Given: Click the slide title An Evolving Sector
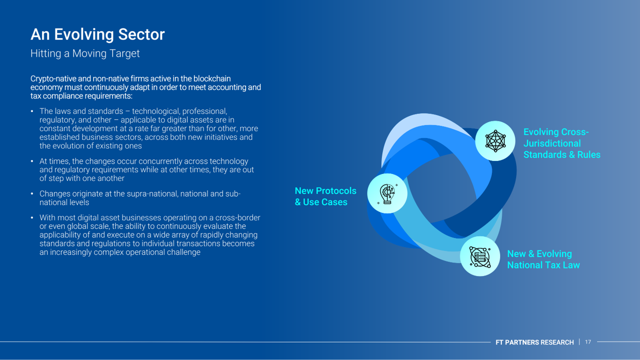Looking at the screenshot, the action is (x=97, y=34).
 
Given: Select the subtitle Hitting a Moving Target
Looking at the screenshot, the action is (x=85, y=53).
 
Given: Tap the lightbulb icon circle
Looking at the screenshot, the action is (x=387, y=193).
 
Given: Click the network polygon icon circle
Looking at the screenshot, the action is (x=495, y=141).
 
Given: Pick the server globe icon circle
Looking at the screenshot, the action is (x=480, y=256).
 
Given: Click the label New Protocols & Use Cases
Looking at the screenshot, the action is (x=325, y=196).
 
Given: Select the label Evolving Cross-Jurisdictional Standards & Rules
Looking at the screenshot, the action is (x=561, y=143).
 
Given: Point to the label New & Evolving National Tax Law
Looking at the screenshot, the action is (x=543, y=259).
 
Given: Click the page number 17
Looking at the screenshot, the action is (x=588, y=342).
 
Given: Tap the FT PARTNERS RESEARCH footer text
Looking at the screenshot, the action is (x=534, y=342).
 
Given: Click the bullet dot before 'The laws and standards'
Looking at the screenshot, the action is (x=32, y=111).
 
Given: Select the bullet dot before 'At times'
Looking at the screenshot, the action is (x=32, y=161).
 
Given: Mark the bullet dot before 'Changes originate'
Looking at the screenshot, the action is (x=32, y=193).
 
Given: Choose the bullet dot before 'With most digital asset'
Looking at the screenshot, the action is (x=32, y=217).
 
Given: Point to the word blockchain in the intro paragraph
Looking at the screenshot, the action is (x=211, y=78).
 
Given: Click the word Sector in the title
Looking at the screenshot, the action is (x=141, y=34).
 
